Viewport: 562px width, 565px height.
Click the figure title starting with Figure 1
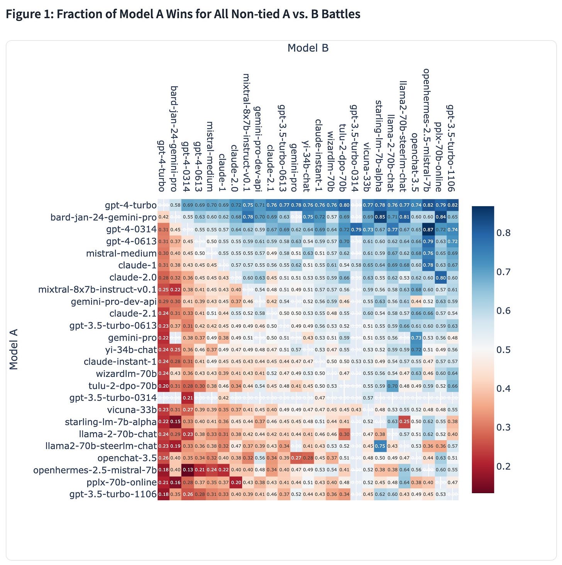pyautogui.click(x=183, y=14)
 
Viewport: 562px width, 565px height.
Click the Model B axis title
pyautogui.click(x=308, y=48)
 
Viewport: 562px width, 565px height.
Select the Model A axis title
pyautogui.click(x=14, y=349)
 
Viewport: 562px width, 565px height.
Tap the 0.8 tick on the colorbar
pyautogui.click(x=503, y=233)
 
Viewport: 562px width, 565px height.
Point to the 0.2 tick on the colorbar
pyautogui.click(x=503, y=467)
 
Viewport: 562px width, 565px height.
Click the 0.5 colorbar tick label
pyautogui.click(x=503, y=350)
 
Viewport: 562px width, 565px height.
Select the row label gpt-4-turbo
pyautogui.click(x=130, y=205)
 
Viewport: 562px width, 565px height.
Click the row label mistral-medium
pyautogui.click(x=121, y=253)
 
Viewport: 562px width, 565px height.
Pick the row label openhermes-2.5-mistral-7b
pyautogui.click(x=95, y=470)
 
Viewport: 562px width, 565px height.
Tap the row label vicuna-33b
pyautogui.click(x=132, y=410)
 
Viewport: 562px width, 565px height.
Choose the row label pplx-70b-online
pyautogui.click(x=122, y=482)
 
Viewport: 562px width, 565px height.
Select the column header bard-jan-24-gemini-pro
pyautogui.click(x=174, y=139)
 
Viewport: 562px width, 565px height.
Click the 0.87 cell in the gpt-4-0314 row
pyautogui.click(x=428, y=229)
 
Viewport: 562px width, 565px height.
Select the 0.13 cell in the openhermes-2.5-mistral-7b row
pyautogui.click(x=188, y=470)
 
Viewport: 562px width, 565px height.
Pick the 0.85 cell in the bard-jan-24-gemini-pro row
pyautogui.click(x=380, y=217)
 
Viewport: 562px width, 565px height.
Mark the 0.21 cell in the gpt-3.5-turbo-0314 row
pyautogui.click(x=188, y=398)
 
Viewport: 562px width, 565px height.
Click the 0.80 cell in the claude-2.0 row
pyautogui.click(x=440, y=278)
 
